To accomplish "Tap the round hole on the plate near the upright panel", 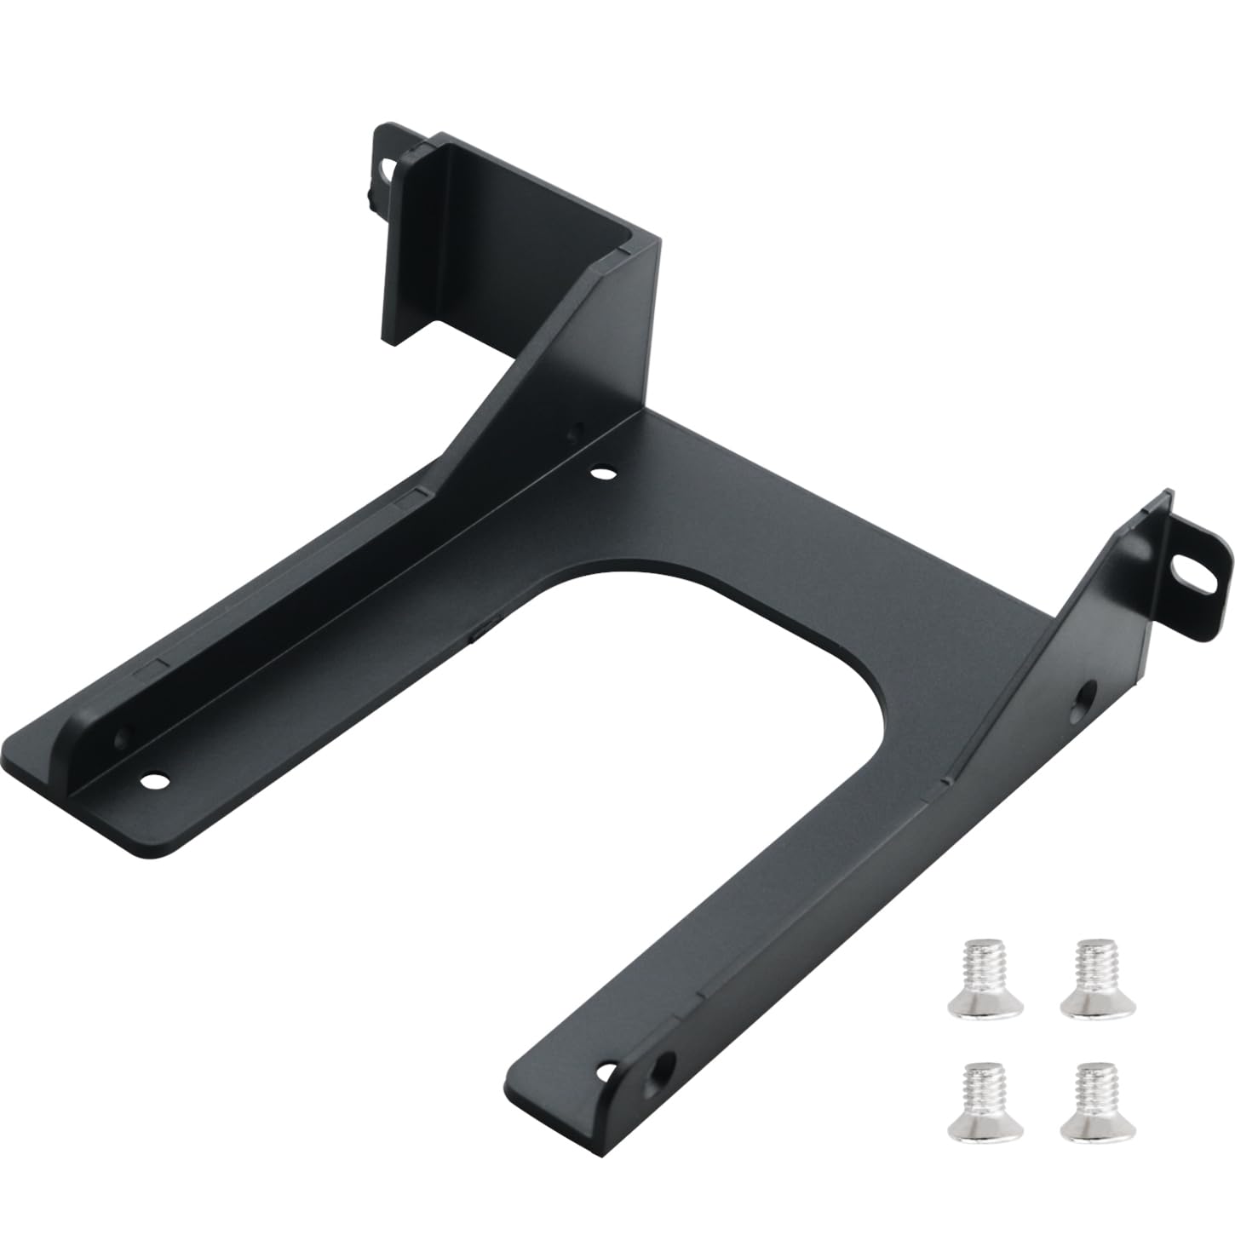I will (x=601, y=469).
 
